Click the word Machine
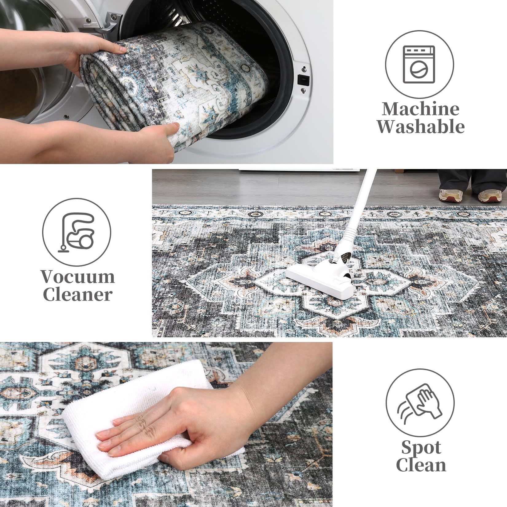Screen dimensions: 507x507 tap(421, 109)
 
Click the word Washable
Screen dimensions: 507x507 tap(421, 126)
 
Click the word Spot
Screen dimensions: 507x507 tap(421, 447)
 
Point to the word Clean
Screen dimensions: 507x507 tap(421, 465)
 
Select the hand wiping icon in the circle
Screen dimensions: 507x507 tap(420, 403)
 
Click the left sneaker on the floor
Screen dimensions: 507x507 tap(451, 195)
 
